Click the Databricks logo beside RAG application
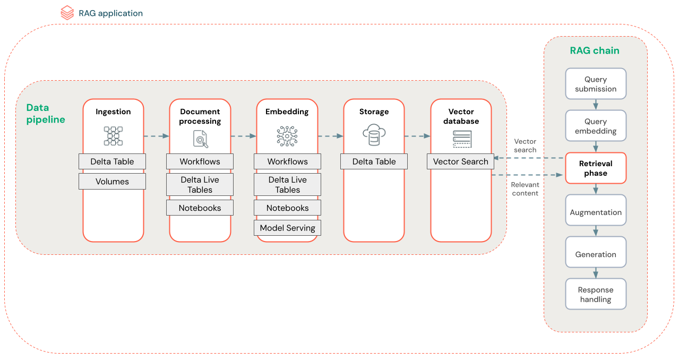pyautogui.click(x=67, y=13)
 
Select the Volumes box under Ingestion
pyautogui.click(x=112, y=182)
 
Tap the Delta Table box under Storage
pyautogui.click(x=374, y=161)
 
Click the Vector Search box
pyautogui.click(x=460, y=161)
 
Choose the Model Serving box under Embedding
pyautogui.click(x=287, y=228)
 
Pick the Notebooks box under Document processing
pyautogui.click(x=200, y=208)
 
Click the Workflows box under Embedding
pyautogui.click(x=287, y=161)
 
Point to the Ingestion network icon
pyautogui.click(x=113, y=136)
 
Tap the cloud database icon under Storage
pyautogui.click(x=374, y=135)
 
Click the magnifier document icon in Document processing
pyautogui.click(x=200, y=139)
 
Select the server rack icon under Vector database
pyautogui.click(x=461, y=139)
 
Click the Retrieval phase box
pyautogui.click(x=596, y=168)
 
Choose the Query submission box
pyautogui.click(x=596, y=84)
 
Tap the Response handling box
pyautogui.click(x=596, y=294)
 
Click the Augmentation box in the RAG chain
pyautogui.click(x=596, y=212)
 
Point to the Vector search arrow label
pyautogui.click(x=525, y=145)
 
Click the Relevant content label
pyautogui.click(x=525, y=189)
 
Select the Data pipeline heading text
pyautogui.click(x=46, y=114)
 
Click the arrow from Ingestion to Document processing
pyautogui.click(x=157, y=136)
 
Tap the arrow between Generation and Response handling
pyautogui.click(x=596, y=272)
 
